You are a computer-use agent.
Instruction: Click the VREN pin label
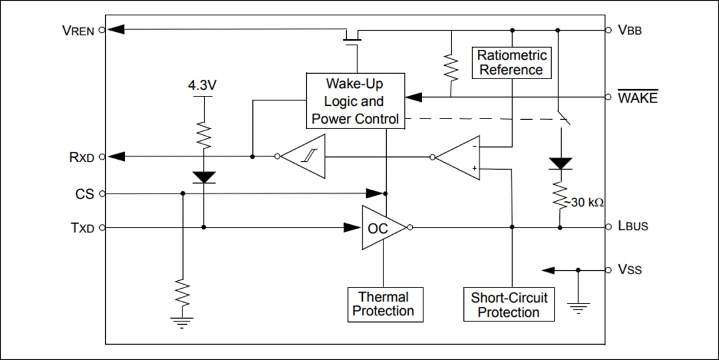(79, 30)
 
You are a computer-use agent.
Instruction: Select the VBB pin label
(630, 30)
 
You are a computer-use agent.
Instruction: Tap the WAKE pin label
(637, 98)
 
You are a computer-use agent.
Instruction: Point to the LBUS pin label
(632, 227)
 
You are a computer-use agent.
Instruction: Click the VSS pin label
(630, 270)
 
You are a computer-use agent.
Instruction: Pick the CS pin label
(85, 194)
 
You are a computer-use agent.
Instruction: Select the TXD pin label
(83, 228)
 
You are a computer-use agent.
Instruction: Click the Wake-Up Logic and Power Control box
(355, 101)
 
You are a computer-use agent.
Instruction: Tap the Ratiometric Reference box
(511, 63)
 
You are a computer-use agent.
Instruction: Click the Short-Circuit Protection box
(509, 305)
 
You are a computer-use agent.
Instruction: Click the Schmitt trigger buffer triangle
(305, 157)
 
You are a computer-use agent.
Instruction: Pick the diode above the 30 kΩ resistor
(561, 164)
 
